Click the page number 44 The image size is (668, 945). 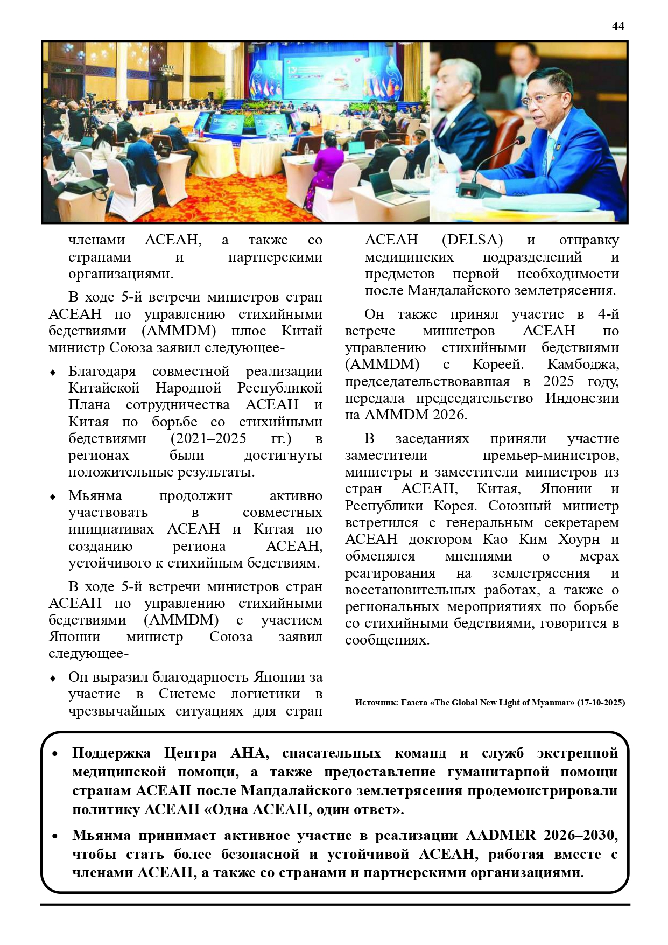click(618, 26)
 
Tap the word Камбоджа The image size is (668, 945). click(583, 365)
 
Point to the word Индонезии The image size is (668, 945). click(582, 398)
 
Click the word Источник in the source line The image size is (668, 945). click(376, 703)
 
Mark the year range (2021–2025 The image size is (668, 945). click(208, 439)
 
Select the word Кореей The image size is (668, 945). click(497, 365)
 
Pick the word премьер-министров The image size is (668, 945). click(551, 456)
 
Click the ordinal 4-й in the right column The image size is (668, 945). click(608, 314)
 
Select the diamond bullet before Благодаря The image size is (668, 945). click(53, 373)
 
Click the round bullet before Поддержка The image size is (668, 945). click(55, 754)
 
